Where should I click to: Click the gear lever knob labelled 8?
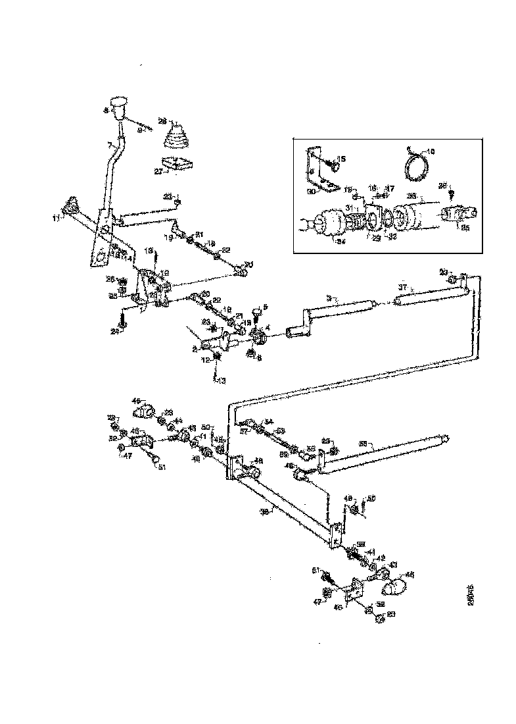click(119, 106)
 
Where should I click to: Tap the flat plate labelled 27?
click(176, 164)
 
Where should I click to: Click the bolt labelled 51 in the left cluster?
click(154, 461)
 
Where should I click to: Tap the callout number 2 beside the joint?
click(195, 349)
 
